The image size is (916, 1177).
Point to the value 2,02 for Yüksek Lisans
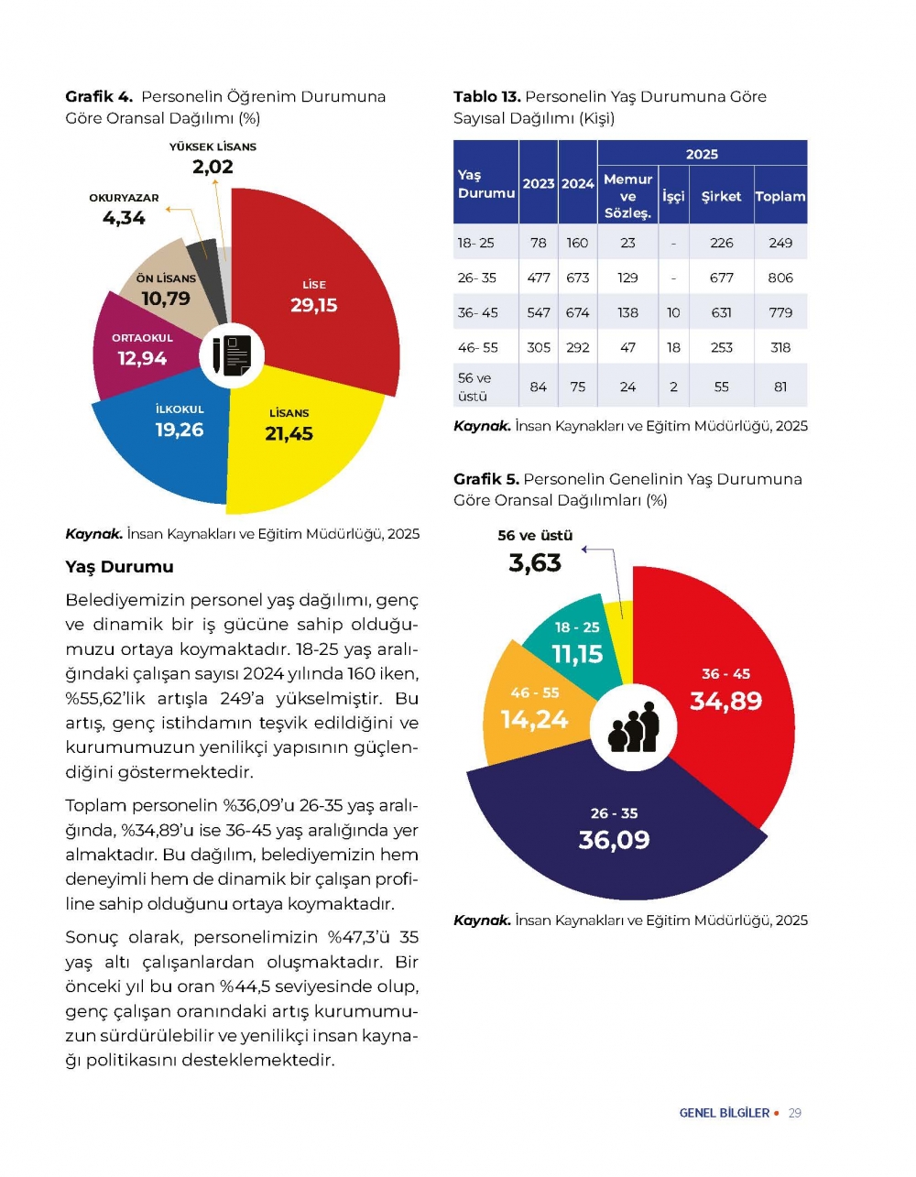pyautogui.click(x=213, y=167)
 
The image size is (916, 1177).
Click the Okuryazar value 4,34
pyautogui.click(x=124, y=218)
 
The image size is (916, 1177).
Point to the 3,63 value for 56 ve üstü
pyautogui.click(x=535, y=562)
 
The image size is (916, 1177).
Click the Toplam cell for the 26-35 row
pyautogui.click(x=780, y=278)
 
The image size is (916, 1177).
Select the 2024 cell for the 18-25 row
pyautogui.click(x=577, y=243)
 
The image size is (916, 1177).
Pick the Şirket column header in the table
pyautogui.click(x=721, y=196)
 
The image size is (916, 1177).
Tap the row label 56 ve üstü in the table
pyautogui.click(x=474, y=387)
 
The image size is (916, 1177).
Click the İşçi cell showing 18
pyautogui.click(x=673, y=347)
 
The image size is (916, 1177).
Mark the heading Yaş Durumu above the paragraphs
pyautogui.click(x=119, y=567)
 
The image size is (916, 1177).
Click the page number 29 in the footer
pyautogui.click(x=795, y=1113)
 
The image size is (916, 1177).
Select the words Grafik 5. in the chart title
pyautogui.click(x=486, y=479)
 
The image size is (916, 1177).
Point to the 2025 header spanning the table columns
pyautogui.click(x=702, y=154)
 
